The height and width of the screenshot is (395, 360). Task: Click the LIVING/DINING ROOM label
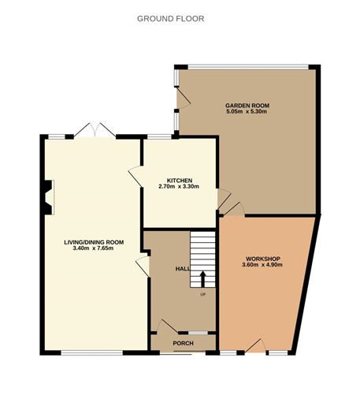coord(94,241)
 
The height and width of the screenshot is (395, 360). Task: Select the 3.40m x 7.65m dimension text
coord(94,248)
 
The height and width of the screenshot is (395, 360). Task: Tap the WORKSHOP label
coord(263,259)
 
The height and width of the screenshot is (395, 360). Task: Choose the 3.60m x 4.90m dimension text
coord(263,266)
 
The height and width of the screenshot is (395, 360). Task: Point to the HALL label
coord(182,269)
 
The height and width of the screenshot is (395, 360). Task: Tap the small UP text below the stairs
coord(202,295)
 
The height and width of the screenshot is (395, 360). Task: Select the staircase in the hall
coord(203,260)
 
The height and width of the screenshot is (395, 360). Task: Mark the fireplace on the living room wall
coord(49,196)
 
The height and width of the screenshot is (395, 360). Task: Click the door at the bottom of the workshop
coord(254,345)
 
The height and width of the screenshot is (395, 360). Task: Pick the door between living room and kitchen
coord(135,175)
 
